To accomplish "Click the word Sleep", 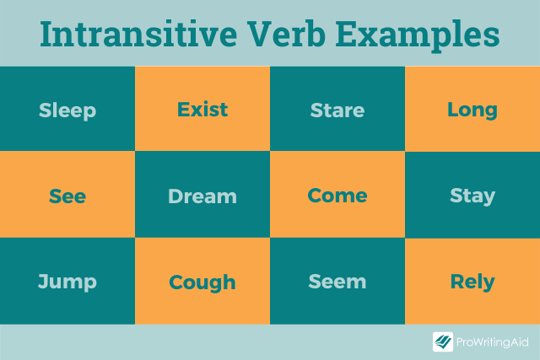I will (67, 110).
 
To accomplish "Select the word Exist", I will (202, 110).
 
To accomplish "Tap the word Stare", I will (337, 110).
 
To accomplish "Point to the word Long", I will (472, 110).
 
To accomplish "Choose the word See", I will (67, 196).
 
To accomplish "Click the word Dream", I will (202, 196).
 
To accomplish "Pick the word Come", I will (337, 196).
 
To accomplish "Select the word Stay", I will (472, 196).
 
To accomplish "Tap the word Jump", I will (67, 282).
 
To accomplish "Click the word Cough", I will (202, 282).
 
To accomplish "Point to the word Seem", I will (337, 282).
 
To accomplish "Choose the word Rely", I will (472, 282).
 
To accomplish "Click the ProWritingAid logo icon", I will (443, 341).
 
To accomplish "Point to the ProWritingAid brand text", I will (493, 341).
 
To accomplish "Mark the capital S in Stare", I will (316, 110).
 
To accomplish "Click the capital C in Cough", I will (176, 282).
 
